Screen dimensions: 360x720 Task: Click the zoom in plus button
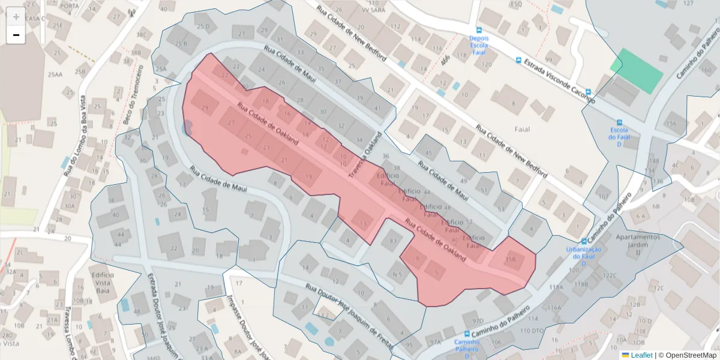pos(16,17)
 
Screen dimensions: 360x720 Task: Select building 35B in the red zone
pos(511,260)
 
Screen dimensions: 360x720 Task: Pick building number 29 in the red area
pos(205,107)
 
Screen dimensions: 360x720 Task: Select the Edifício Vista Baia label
pos(103,283)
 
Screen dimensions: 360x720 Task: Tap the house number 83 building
pos(393,241)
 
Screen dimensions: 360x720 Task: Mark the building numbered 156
pos(671,124)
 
